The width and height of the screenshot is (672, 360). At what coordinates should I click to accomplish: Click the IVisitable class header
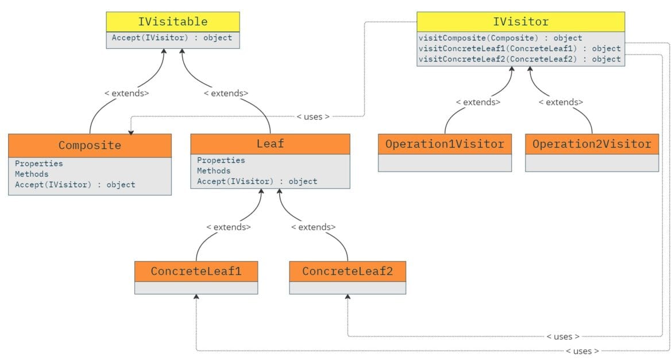click(x=172, y=22)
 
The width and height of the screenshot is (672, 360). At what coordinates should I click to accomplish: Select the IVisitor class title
click(x=520, y=22)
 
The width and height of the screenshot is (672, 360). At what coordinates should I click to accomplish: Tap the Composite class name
click(x=90, y=145)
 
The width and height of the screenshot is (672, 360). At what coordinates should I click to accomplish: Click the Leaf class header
click(x=270, y=144)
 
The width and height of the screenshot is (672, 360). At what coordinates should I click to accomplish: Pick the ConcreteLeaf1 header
click(x=196, y=271)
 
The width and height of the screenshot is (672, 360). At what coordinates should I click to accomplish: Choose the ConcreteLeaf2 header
click(x=347, y=271)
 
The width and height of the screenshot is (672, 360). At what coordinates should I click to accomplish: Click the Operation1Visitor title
click(x=445, y=144)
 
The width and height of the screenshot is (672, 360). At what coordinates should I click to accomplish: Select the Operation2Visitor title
click(x=592, y=144)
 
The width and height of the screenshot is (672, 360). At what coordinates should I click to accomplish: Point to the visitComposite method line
click(x=500, y=38)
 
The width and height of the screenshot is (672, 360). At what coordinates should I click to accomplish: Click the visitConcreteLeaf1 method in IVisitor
click(x=520, y=48)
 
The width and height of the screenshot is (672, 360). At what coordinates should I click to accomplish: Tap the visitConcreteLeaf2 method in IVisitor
click(x=520, y=59)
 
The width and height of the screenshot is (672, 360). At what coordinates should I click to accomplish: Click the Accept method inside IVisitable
click(x=172, y=38)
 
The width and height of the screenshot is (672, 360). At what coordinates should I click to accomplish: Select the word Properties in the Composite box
click(x=39, y=164)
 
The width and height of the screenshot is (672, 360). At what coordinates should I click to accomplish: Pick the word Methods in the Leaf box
click(x=214, y=171)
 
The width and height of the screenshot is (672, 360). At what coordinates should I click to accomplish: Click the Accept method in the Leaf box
click(x=257, y=181)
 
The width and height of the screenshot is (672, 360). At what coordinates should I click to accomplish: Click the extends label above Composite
click(x=126, y=92)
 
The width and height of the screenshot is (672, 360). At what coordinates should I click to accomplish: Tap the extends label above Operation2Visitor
click(x=561, y=102)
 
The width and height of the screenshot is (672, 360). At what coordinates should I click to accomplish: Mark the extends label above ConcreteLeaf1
click(x=229, y=227)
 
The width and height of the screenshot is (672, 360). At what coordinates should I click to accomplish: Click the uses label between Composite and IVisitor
click(x=313, y=117)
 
